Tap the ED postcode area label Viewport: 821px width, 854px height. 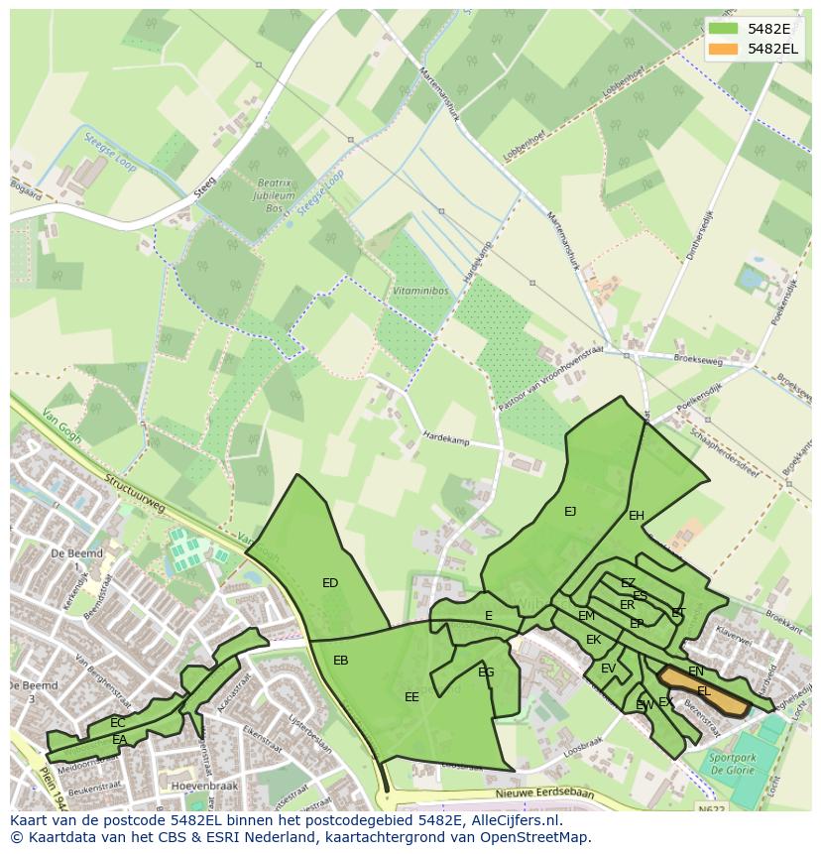(x=330, y=583)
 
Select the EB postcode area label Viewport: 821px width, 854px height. (x=340, y=661)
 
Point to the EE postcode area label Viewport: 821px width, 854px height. (x=411, y=697)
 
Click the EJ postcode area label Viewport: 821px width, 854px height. (x=570, y=512)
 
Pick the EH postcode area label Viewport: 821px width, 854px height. (x=637, y=516)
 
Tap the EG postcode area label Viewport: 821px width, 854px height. (x=486, y=672)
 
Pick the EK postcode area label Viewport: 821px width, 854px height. (x=593, y=640)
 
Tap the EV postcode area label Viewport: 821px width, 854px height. (x=608, y=669)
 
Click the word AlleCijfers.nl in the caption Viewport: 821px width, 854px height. (x=516, y=820)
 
